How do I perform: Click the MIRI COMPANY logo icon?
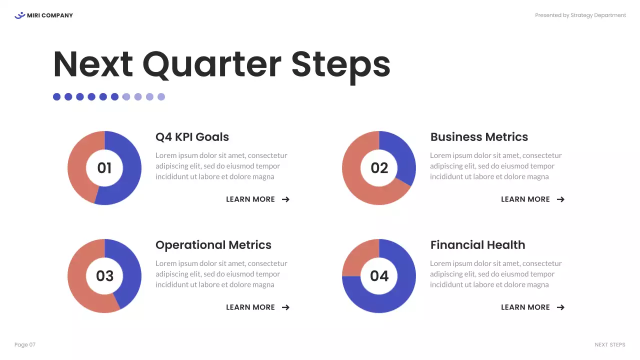[19, 15]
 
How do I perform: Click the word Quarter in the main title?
[211, 65]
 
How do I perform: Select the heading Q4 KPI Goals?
[192, 137]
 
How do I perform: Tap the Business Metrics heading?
[479, 137]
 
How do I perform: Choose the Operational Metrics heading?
[213, 245]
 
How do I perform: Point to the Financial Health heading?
[477, 245]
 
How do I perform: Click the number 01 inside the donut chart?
[104, 168]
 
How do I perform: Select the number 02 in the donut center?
[379, 168]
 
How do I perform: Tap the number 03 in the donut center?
[104, 276]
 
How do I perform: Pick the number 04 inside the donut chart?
[379, 276]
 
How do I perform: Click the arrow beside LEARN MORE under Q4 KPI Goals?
[285, 199]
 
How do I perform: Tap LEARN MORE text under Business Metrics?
[525, 199]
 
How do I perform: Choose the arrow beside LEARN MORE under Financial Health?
[560, 307]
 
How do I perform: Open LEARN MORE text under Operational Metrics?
[250, 307]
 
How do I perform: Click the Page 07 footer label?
[25, 345]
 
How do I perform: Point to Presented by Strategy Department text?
[580, 15]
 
